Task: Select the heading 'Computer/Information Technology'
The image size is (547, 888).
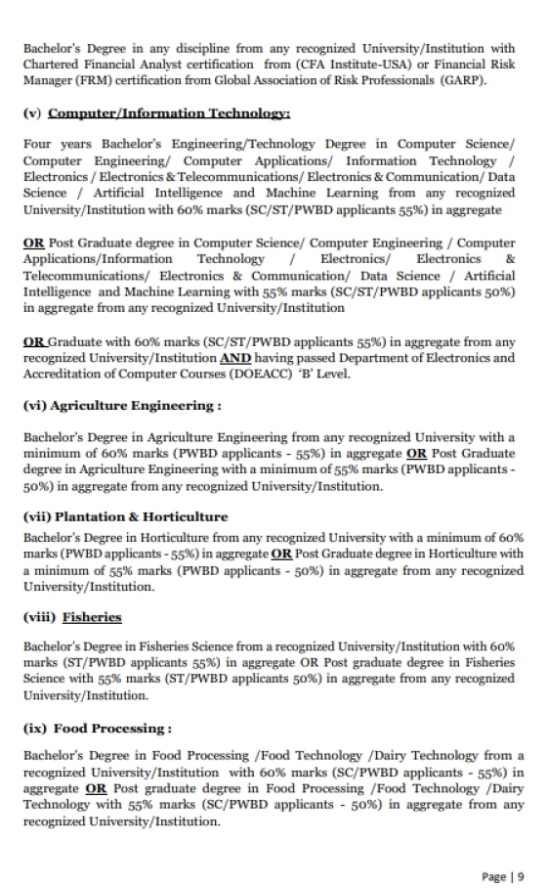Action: (x=169, y=113)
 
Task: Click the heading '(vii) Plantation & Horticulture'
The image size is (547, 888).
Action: (x=125, y=515)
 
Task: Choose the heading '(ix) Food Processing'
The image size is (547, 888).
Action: (x=98, y=728)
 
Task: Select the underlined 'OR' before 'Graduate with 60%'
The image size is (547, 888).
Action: (x=34, y=340)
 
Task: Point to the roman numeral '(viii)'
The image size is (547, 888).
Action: (x=39, y=617)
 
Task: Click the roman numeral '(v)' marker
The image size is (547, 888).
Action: (x=32, y=113)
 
